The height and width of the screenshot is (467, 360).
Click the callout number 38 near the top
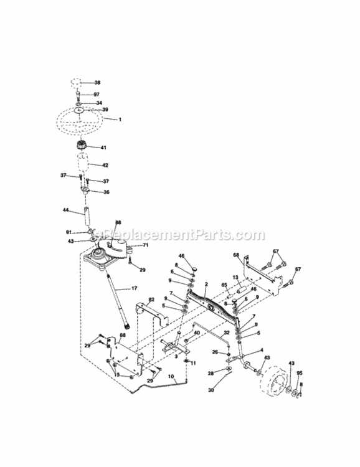click(x=97, y=82)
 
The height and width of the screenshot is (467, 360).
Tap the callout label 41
click(x=103, y=148)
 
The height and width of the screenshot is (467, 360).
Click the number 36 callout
click(x=106, y=192)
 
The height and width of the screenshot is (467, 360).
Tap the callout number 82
click(x=151, y=300)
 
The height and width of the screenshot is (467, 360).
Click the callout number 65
click(x=224, y=285)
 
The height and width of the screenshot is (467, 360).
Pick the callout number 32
click(x=226, y=333)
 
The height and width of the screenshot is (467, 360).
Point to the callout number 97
click(x=97, y=95)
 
